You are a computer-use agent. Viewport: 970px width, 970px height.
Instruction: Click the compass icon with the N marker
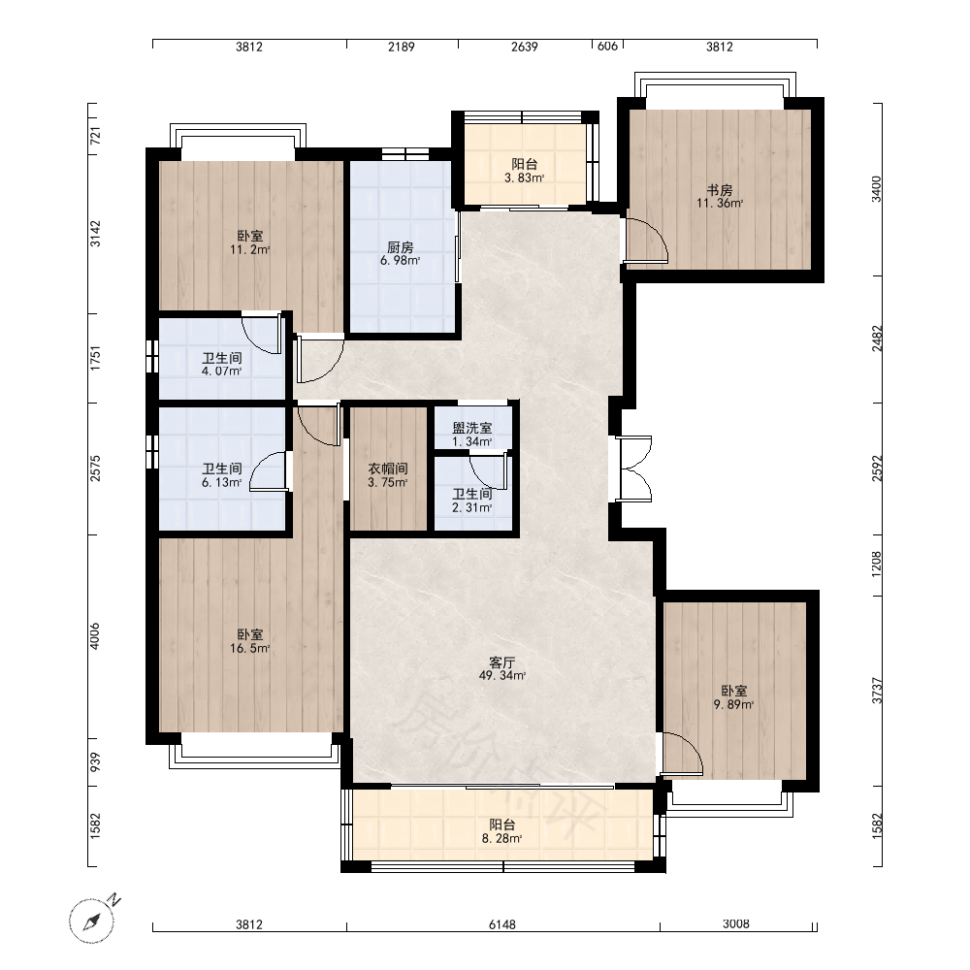93,920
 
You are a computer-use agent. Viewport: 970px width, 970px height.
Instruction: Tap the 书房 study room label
720,190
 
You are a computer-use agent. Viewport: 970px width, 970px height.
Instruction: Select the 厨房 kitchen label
401,247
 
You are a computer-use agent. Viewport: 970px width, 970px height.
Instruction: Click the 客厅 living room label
502,663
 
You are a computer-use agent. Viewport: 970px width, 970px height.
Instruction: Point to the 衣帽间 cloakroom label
388,469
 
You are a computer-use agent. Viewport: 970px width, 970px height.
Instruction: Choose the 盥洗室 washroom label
472,428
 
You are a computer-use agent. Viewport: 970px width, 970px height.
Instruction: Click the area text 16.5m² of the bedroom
250,648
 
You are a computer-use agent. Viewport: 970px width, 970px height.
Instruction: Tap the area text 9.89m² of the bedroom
733,704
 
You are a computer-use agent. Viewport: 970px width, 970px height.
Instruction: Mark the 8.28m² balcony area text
502,839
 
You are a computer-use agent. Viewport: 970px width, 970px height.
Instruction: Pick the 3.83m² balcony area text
525,178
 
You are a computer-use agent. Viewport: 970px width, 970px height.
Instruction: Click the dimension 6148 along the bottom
502,924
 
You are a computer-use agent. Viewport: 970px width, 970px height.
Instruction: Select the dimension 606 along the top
607,46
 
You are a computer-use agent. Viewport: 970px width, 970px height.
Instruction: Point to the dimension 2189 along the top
402,47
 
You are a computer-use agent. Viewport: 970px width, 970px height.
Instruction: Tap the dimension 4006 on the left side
95,636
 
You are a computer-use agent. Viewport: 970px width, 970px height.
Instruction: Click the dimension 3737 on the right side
877,691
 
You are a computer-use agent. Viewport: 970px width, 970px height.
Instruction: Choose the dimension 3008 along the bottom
736,924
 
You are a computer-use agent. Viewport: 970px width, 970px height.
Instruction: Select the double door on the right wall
634,469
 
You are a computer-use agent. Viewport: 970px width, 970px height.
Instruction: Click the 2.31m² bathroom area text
472,508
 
